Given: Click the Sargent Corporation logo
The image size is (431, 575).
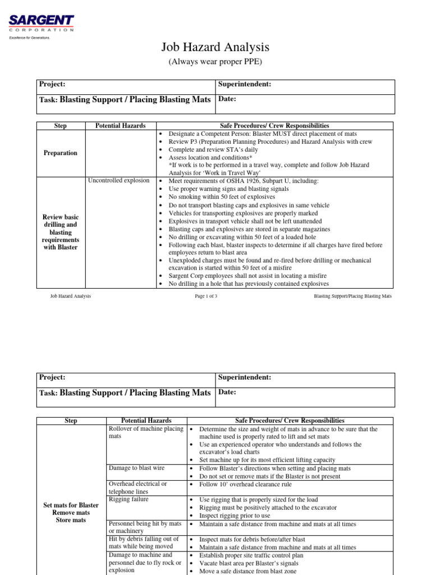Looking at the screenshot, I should click(40, 23).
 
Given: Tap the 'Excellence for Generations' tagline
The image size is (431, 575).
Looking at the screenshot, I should click(29, 38).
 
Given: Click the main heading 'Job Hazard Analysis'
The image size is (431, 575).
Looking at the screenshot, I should click(215, 47).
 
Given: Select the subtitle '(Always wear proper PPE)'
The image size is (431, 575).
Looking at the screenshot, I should click(215, 62).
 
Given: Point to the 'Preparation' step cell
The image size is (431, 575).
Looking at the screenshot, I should click(61, 153).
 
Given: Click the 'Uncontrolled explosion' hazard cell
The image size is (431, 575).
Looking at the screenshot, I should click(119, 181).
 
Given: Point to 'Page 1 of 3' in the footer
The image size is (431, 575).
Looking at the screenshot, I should click(208, 296).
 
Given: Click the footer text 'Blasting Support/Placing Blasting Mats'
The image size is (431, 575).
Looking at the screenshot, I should click(353, 296).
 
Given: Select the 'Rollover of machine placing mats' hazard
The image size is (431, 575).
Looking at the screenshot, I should click(145, 432).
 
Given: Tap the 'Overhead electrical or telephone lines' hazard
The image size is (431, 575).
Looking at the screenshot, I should click(137, 487).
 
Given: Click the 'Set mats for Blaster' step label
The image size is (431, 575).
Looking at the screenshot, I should click(71, 505).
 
